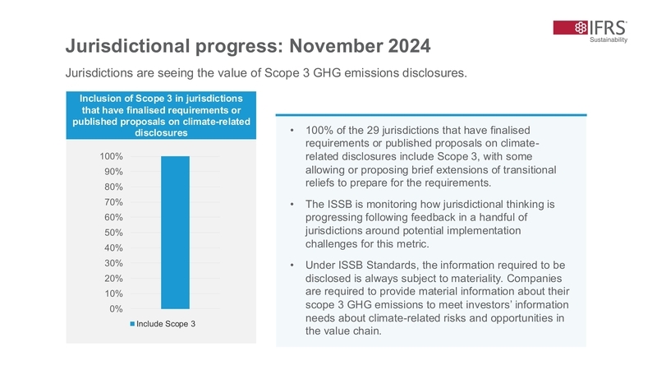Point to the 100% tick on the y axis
pyautogui.click(x=112, y=156)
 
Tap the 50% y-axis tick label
pyautogui.click(x=113, y=233)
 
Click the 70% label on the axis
pyautogui.click(x=113, y=202)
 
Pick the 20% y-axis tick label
pyautogui.click(x=113, y=279)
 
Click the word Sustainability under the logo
pyautogui.click(x=609, y=41)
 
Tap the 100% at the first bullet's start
pyautogui.click(x=319, y=131)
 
